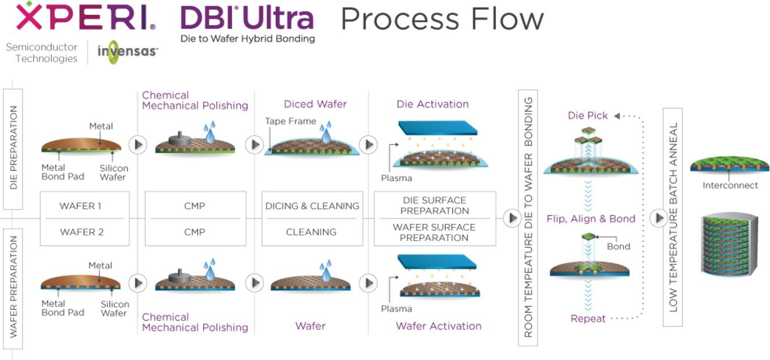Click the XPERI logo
[85, 16]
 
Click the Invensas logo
[127, 52]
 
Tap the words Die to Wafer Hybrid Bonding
[247, 38]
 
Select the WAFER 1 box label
[80, 206]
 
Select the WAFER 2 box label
[82, 232]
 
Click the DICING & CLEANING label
[312, 206]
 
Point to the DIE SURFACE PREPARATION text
[434, 205]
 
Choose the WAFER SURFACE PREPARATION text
[434, 232]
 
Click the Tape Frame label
[290, 121]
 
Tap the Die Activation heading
[433, 104]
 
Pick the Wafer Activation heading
[439, 325]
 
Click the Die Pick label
[588, 115]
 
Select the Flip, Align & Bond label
[591, 219]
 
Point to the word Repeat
[588, 319]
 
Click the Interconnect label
[730, 185]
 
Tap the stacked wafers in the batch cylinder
[729, 244]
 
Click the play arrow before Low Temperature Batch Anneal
[659, 218]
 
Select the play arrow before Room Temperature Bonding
[512, 218]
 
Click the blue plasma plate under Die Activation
[438, 127]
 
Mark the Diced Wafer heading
[315, 104]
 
